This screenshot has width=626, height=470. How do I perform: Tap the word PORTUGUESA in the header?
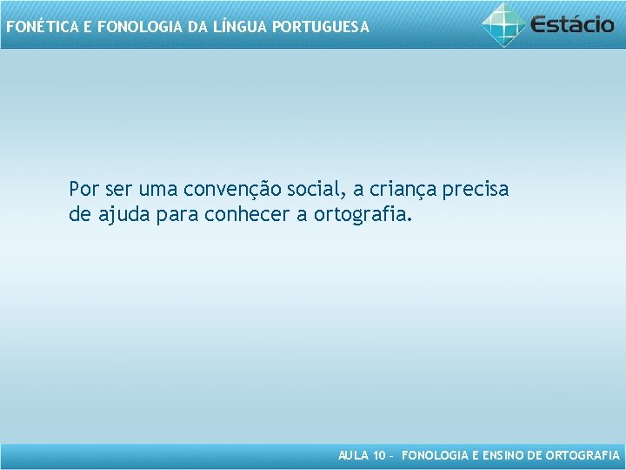(x=321, y=27)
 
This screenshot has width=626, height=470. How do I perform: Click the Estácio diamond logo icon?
(x=504, y=23)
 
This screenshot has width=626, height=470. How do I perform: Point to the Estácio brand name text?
(x=573, y=24)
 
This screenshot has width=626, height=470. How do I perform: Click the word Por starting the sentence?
(x=84, y=189)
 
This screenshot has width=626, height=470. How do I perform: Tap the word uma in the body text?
(x=156, y=189)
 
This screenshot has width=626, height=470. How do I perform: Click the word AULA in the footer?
(x=352, y=455)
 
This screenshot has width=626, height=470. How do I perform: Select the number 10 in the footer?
(x=378, y=455)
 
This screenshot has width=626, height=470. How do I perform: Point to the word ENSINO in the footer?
(x=502, y=455)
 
